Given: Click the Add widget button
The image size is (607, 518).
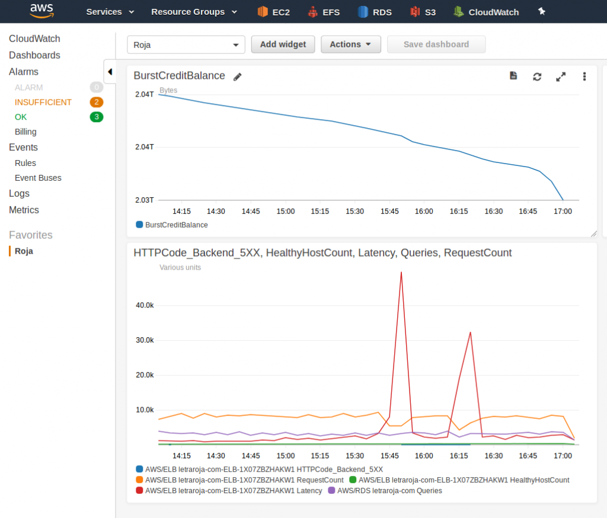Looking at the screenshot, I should tap(283, 44).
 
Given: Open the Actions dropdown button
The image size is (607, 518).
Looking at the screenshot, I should tap(350, 44).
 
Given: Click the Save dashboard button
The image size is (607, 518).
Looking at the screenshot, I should tap(436, 44).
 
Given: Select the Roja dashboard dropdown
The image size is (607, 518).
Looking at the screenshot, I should tap(186, 45).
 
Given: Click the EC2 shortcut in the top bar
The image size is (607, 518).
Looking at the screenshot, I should tap(273, 12).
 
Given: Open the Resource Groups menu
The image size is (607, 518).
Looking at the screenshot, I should tap(194, 12).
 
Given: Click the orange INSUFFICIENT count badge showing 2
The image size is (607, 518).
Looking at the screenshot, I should tap(97, 102).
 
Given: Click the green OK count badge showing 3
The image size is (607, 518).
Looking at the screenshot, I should tap(97, 117).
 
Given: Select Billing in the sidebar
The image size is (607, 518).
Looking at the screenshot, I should tap(25, 132).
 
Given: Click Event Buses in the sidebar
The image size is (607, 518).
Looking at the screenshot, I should tap(38, 178).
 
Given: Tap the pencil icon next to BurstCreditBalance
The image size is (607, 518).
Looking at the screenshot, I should tap(238, 76).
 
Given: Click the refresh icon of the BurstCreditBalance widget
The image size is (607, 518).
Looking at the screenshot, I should tap(537, 76).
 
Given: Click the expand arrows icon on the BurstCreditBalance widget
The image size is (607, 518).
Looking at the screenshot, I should tap(561, 76).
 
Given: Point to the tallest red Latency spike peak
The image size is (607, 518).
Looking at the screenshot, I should tap(401, 273).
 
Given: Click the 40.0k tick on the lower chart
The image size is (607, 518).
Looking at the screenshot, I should tap(145, 305).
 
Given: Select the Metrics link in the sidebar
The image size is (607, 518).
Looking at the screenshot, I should tap(24, 210).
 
